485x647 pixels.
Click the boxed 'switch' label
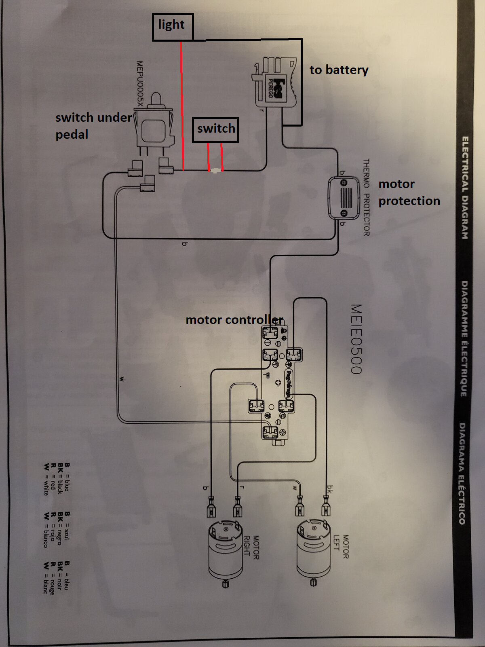(x=215, y=129)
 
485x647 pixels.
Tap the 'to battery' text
(x=339, y=70)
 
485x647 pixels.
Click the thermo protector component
(x=344, y=198)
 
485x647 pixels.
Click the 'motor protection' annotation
(x=409, y=192)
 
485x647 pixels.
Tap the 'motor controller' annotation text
(x=234, y=320)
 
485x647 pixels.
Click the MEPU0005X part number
(x=140, y=84)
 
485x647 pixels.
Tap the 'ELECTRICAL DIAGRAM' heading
(x=465, y=188)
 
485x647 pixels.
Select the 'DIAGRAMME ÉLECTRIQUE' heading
(x=464, y=338)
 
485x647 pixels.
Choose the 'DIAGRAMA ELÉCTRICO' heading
(x=462, y=473)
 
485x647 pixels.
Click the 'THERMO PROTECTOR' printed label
(x=366, y=197)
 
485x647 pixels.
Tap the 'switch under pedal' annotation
(x=93, y=126)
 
